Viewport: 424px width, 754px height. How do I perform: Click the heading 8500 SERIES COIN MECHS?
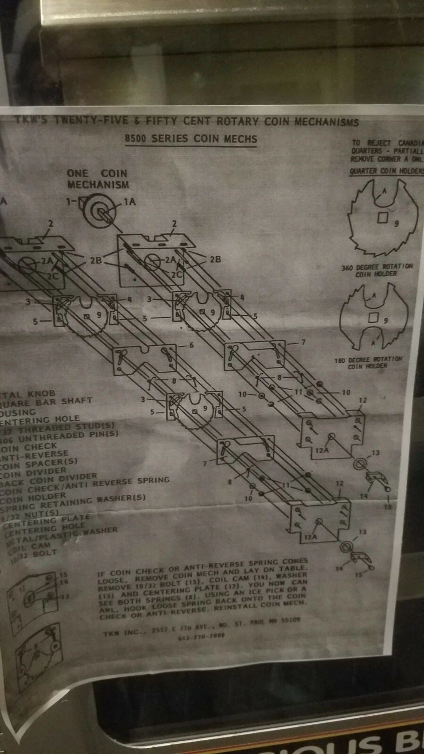coord(191,139)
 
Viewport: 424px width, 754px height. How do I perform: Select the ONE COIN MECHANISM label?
coord(98,179)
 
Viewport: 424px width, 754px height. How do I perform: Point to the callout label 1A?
coord(129,202)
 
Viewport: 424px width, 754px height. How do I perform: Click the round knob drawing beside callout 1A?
coord(101,210)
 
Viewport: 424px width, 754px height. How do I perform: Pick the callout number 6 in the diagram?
coord(191,345)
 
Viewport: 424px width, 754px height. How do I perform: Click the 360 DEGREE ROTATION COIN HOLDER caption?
coord(376,270)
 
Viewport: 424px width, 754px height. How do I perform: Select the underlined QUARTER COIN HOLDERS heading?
coord(386,171)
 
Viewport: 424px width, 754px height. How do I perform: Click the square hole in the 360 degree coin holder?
coord(383,218)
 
